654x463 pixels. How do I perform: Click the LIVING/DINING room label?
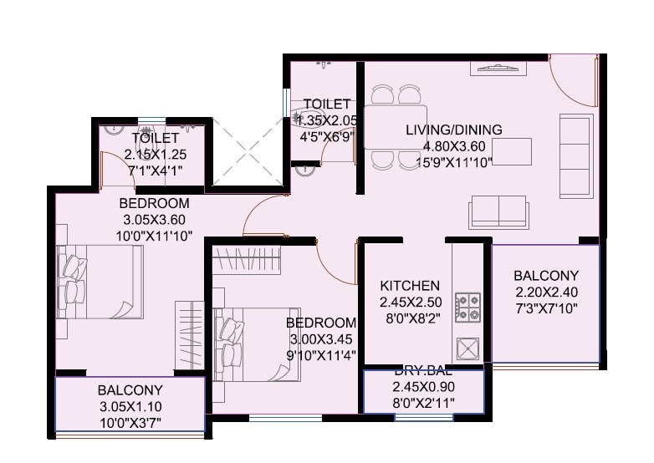(453, 130)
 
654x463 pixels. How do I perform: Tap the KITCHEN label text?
(410, 286)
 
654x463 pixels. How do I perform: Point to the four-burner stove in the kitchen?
(468, 307)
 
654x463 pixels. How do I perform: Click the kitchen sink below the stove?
(468, 347)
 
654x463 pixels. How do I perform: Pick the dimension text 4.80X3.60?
(453, 146)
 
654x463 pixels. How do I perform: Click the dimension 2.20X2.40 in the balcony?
(545, 292)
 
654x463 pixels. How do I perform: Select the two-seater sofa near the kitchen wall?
(498, 209)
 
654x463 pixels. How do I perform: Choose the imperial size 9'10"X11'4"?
(322, 354)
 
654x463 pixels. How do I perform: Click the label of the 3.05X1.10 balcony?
(130, 390)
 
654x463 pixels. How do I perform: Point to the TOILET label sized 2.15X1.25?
(155, 139)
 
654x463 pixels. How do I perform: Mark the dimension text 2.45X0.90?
(423, 387)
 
